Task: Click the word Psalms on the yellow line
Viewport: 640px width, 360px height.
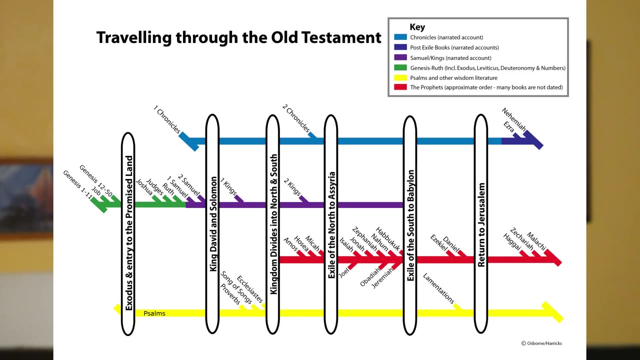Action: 154,313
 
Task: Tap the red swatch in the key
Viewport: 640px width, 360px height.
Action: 400,87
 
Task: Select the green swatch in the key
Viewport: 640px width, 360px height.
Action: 400,67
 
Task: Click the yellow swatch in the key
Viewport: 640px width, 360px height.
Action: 400,77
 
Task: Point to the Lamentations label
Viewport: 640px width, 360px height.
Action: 438,288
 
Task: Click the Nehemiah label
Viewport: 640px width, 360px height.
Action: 513,120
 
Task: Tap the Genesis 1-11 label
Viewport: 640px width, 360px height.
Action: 77,184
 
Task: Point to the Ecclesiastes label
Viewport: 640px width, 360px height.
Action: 249,289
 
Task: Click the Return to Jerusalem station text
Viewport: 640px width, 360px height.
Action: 481,224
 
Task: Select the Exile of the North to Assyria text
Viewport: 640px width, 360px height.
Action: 331,225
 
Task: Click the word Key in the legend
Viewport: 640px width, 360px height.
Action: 417,27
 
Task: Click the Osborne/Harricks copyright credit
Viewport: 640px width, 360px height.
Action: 541,343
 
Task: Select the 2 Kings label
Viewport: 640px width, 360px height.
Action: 292,186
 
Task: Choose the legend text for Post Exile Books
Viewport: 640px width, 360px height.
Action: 454,47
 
